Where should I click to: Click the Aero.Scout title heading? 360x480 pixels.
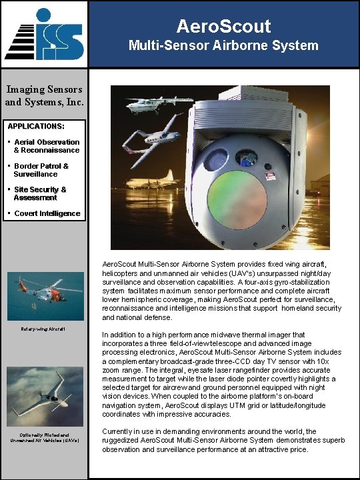[x=224, y=26]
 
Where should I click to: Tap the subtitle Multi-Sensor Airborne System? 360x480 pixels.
[x=224, y=46]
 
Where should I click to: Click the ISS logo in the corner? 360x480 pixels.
[x=44, y=34]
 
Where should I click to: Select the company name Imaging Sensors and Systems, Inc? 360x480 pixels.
[x=44, y=95]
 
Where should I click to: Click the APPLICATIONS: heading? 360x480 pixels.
[x=36, y=125]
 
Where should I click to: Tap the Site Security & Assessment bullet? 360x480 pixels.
[x=41, y=193]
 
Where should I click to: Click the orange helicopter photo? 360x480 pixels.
[x=45, y=296]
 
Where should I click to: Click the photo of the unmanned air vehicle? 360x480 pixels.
[x=45, y=397]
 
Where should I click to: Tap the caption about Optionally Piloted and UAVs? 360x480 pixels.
[x=45, y=439]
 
